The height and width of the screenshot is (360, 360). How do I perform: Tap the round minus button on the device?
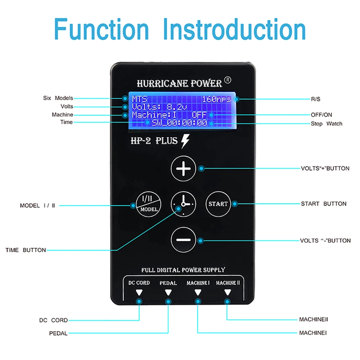(x=183, y=240)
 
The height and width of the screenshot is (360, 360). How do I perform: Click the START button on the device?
(x=218, y=204)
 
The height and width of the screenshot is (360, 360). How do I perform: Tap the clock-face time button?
(x=183, y=204)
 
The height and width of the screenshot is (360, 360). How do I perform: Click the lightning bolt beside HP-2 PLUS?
(x=185, y=141)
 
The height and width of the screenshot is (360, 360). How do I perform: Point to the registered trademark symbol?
(x=228, y=81)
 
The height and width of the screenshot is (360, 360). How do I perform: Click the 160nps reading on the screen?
(x=216, y=99)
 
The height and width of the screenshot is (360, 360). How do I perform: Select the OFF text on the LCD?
(x=199, y=115)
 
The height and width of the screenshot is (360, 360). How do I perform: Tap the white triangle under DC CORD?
(x=139, y=292)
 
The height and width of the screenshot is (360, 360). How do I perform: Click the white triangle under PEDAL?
(x=168, y=292)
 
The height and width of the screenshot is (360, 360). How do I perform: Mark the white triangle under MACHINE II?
(x=227, y=292)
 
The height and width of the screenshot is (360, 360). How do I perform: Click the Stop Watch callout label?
(x=327, y=123)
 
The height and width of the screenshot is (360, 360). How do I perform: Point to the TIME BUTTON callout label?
(x=26, y=250)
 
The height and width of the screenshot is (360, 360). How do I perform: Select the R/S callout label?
(x=316, y=98)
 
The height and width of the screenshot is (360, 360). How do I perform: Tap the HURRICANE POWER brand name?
(x=179, y=84)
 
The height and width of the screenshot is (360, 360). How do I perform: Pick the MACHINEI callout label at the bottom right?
(x=313, y=333)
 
